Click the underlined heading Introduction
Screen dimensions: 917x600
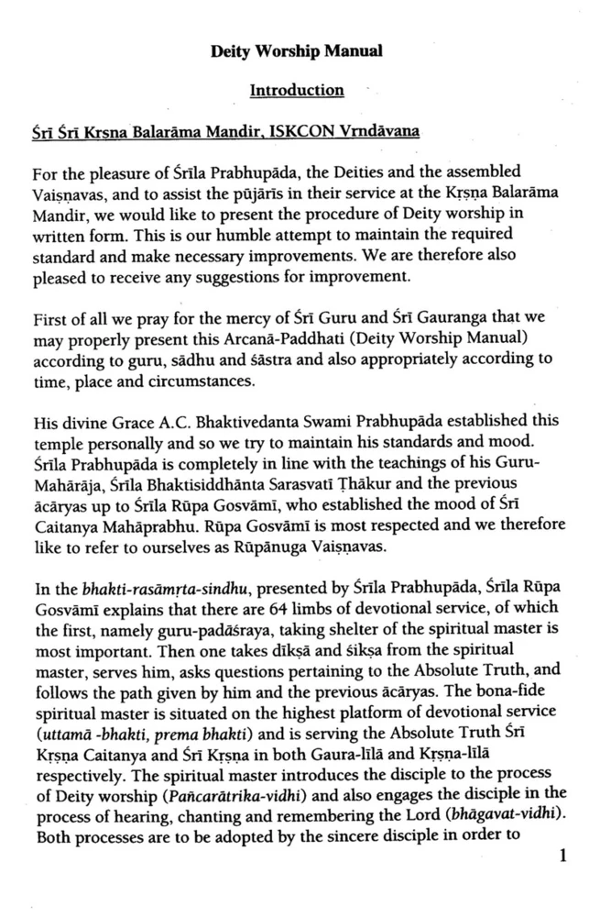coord(298,91)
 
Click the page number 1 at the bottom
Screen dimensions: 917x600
coord(563,857)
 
